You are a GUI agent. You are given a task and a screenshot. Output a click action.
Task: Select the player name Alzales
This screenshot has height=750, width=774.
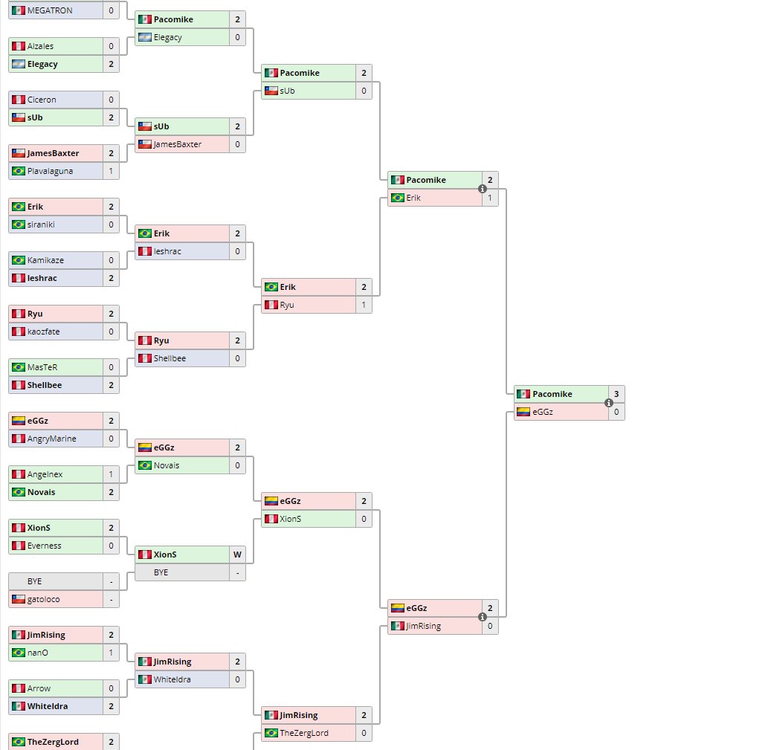[x=40, y=46]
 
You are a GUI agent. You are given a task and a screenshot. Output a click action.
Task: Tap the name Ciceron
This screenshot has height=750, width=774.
[x=42, y=100]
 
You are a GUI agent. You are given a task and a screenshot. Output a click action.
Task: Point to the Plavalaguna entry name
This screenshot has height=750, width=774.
[x=50, y=171]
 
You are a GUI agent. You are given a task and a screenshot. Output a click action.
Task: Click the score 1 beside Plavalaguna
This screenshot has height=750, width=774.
[x=111, y=171]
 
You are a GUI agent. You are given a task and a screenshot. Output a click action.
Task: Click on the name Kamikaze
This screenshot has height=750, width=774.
[x=45, y=260]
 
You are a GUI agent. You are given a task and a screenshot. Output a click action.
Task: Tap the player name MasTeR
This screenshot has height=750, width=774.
[x=42, y=367]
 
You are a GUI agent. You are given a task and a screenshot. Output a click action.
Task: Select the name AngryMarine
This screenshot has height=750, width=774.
[x=51, y=439]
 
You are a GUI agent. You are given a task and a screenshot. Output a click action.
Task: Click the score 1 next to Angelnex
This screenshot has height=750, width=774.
[x=111, y=474]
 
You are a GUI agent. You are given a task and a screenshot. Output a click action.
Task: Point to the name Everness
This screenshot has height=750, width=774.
[x=45, y=546]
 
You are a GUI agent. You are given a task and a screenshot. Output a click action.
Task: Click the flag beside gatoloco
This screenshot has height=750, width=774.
[x=19, y=599]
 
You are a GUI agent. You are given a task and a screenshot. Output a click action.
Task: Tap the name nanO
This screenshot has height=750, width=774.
[x=39, y=653]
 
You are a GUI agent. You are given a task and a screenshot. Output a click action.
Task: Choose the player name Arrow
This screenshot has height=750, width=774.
[x=39, y=688]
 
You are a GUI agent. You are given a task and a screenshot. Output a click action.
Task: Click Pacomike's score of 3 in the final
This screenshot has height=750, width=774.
[x=616, y=394]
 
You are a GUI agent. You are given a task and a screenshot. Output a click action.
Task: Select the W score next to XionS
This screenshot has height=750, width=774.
[x=237, y=555]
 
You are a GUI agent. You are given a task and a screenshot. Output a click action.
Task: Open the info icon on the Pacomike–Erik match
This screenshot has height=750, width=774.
[x=482, y=189]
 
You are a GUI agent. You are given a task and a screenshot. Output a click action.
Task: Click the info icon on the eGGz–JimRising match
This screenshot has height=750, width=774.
[x=482, y=617]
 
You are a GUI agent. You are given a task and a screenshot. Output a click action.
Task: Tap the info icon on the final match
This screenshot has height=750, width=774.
[x=608, y=403]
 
